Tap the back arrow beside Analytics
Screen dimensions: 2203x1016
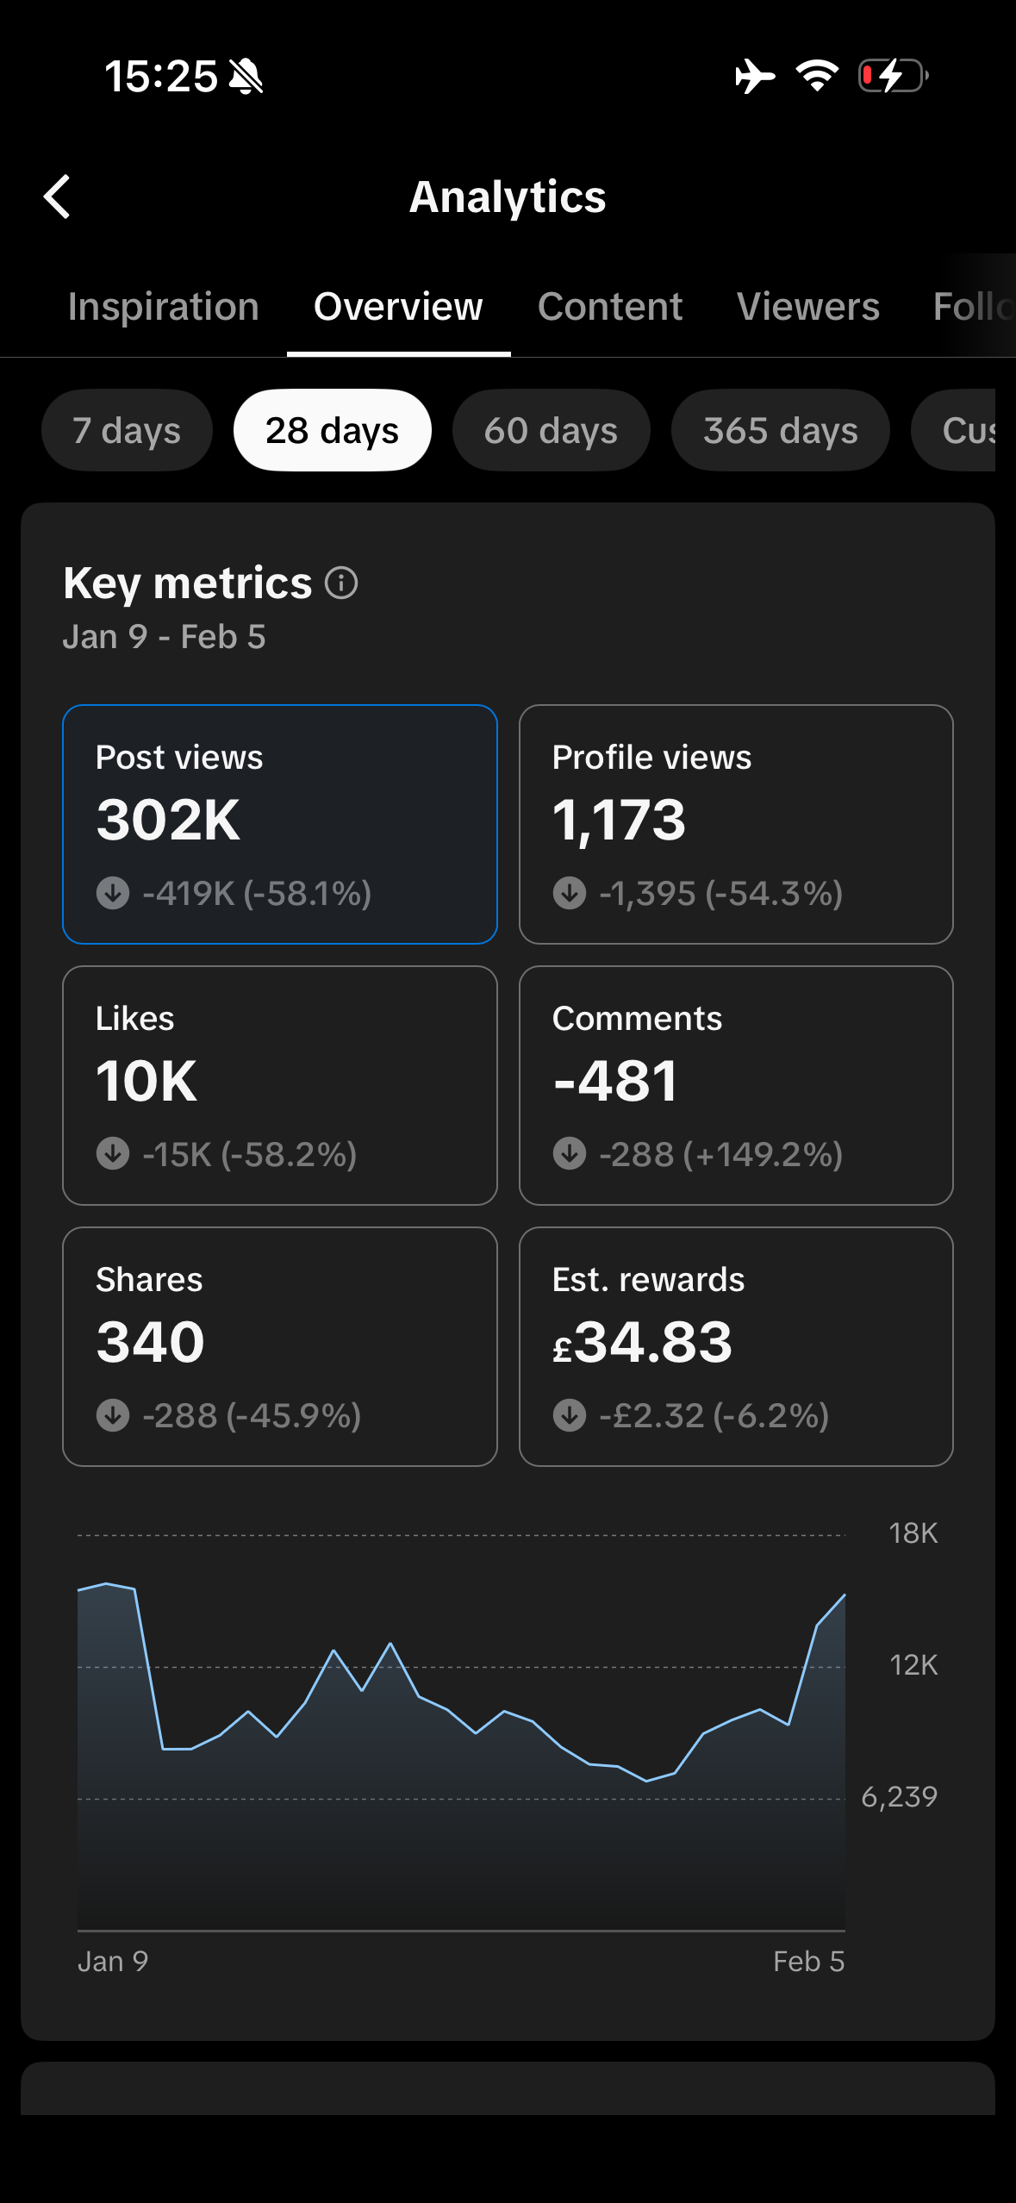pos(57,197)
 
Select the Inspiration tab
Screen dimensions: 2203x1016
pos(164,307)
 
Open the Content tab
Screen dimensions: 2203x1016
pos(610,307)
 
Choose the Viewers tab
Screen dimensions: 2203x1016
pos(808,307)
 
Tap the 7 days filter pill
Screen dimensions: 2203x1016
pos(127,430)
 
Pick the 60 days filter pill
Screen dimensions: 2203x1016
pos(551,430)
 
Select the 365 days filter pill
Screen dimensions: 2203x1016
pos(780,430)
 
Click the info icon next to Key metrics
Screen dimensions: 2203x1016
pos(341,584)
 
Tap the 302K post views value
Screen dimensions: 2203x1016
pos(169,820)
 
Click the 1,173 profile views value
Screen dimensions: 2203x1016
pos(619,820)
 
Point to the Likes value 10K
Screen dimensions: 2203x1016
pos(146,1081)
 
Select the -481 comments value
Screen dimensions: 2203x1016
pos(615,1081)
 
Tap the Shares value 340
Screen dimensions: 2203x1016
pos(151,1342)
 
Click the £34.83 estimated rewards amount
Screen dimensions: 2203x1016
pos(643,1342)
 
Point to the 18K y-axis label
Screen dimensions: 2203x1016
pos(913,1533)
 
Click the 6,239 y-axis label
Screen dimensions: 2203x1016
pos(899,1797)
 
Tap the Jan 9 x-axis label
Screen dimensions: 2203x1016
pos(113,1962)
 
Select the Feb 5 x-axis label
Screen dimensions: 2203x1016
pos(808,1962)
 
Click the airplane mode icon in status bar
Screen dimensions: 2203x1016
pos(755,76)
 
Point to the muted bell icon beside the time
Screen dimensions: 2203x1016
pos(246,77)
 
